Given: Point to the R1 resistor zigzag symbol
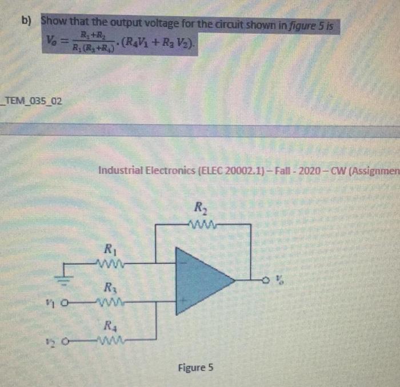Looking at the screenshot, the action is click(x=109, y=264).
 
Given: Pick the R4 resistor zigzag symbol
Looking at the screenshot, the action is click(x=109, y=342).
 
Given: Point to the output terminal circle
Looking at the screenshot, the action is click(x=265, y=279).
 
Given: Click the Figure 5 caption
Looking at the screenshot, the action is click(x=196, y=368).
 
